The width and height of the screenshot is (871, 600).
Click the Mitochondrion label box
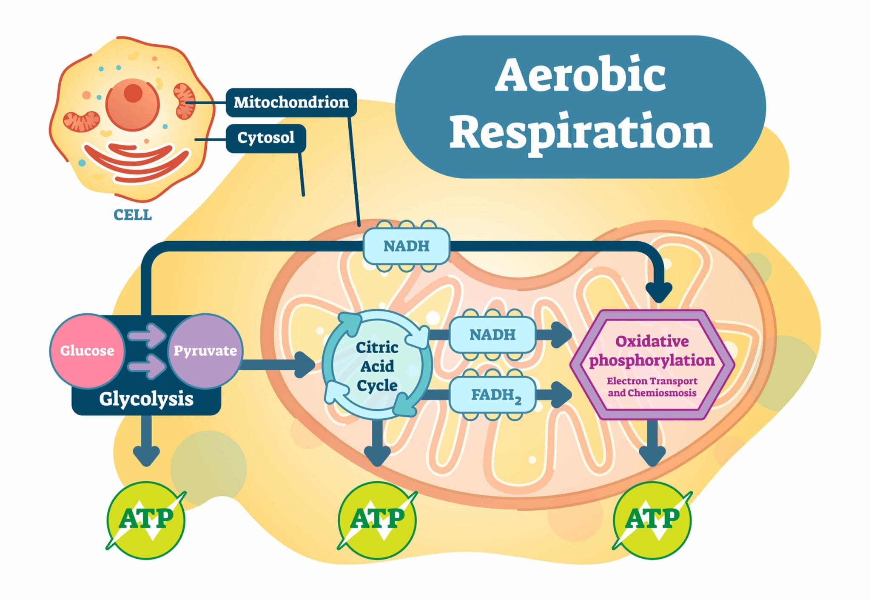pos(291,102)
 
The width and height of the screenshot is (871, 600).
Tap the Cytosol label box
pos(266,138)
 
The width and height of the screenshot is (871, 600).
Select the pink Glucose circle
pos(87,351)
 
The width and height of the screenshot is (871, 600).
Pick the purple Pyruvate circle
pos(205,351)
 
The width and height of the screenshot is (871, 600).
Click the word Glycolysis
pos(146,399)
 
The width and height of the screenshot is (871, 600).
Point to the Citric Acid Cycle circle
pos(377,366)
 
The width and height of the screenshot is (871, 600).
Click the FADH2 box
pos(492,395)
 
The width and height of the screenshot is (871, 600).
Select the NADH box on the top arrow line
pos(406,246)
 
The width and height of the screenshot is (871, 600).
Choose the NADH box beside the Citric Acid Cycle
pos(492,335)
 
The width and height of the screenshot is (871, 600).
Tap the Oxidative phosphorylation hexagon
pos(652,364)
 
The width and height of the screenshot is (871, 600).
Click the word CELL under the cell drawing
pos(133,215)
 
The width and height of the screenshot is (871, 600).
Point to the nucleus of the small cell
pos(133,103)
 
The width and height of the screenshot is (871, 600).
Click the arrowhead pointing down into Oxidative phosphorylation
pos(658,292)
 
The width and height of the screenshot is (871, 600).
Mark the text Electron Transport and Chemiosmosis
pos(652,387)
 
